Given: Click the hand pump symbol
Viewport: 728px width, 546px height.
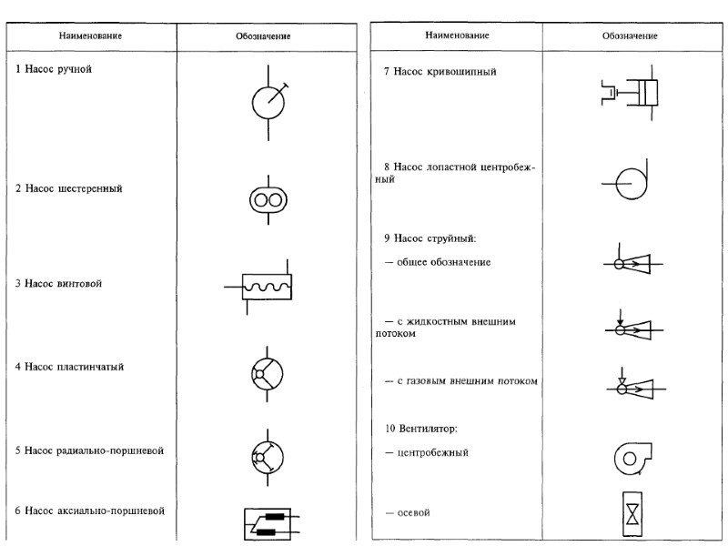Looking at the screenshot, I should click(x=268, y=102).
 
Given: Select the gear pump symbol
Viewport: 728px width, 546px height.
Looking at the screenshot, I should click(x=268, y=199).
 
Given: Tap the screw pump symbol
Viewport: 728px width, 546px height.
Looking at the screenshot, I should click(x=264, y=287).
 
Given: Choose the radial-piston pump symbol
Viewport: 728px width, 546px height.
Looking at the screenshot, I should click(x=268, y=455).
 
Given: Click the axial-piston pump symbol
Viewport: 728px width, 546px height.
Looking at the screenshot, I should click(x=268, y=522).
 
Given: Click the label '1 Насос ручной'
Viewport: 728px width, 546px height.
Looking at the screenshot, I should click(x=55, y=69).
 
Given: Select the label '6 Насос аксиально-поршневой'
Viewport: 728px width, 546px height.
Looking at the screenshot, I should click(x=91, y=511).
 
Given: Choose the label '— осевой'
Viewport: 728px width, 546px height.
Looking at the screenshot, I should click(x=407, y=513).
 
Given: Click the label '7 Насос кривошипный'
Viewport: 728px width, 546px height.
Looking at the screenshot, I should click(x=440, y=71).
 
